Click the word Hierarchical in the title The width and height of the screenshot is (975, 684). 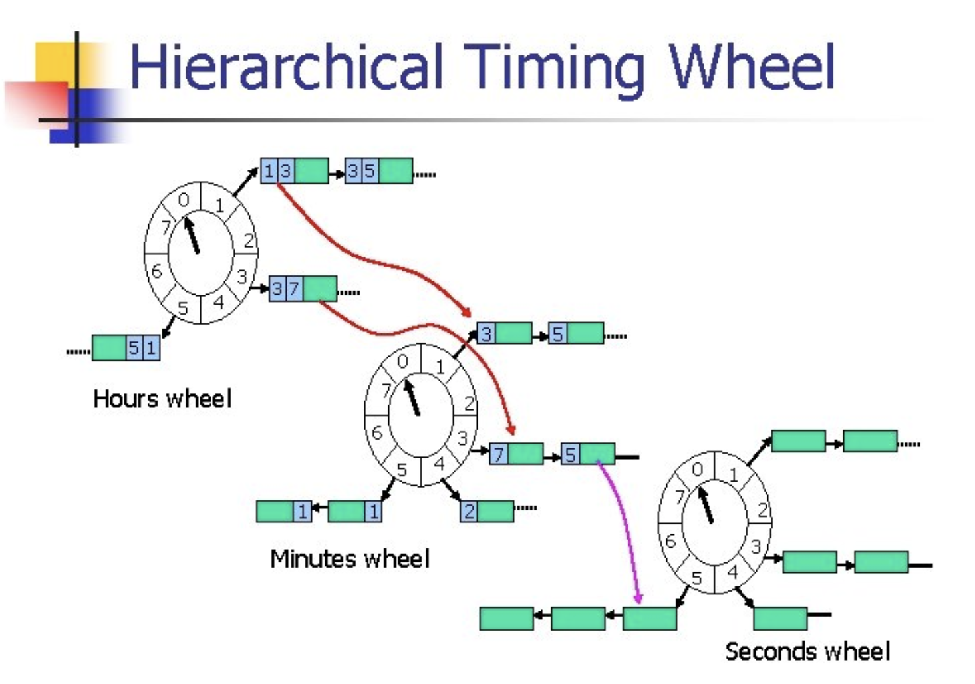[x=286, y=67]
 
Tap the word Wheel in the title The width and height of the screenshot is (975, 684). [x=752, y=67]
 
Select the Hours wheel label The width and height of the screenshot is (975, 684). [x=162, y=399]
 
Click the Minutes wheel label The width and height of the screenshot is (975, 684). [x=350, y=558]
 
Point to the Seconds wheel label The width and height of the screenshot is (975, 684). [x=807, y=651]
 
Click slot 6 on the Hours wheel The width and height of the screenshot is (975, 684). [x=156, y=271]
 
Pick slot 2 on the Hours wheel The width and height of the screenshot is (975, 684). [x=248, y=240]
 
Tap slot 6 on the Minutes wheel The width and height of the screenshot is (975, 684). [x=377, y=433]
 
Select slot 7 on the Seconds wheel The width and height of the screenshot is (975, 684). [x=679, y=496]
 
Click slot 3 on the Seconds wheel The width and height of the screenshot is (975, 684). [x=756, y=547]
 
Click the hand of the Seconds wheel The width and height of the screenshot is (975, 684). [x=705, y=505]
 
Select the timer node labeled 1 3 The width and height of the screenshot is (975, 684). [x=294, y=171]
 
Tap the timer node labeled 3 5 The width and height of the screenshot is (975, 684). [x=378, y=171]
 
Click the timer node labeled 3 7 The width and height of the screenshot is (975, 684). [x=303, y=289]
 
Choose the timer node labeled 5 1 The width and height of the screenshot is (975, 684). [x=126, y=347]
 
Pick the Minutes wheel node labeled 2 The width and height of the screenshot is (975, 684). [x=486, y=511]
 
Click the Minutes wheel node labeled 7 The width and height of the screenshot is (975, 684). [x=516, y=454]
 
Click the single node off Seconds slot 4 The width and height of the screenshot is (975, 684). [x=780, y=618]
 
